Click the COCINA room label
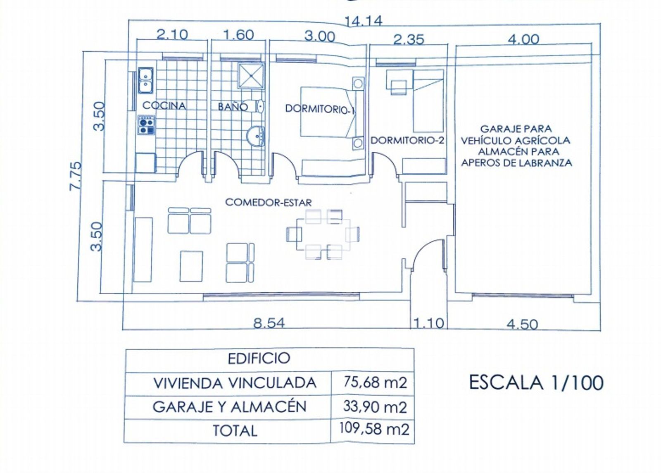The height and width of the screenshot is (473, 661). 164,105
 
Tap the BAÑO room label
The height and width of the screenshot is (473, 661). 233,107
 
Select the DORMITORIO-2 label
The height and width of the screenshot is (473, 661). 407,140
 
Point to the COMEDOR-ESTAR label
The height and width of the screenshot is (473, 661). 268,203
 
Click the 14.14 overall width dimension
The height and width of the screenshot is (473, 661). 363,21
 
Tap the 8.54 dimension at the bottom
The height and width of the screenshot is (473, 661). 269,323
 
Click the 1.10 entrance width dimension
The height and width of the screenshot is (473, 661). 429,323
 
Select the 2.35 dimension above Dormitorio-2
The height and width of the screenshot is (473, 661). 409,40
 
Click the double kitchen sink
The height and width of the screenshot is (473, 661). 145,80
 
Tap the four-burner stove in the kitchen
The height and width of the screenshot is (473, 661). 146,125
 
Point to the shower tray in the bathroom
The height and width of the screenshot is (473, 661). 251,76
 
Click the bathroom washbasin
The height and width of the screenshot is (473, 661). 255,136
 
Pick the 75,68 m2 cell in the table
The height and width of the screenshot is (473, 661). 375,382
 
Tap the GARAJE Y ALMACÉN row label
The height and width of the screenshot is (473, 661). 229,407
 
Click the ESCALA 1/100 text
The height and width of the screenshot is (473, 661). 536,382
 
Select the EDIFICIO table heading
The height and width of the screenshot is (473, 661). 259,358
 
